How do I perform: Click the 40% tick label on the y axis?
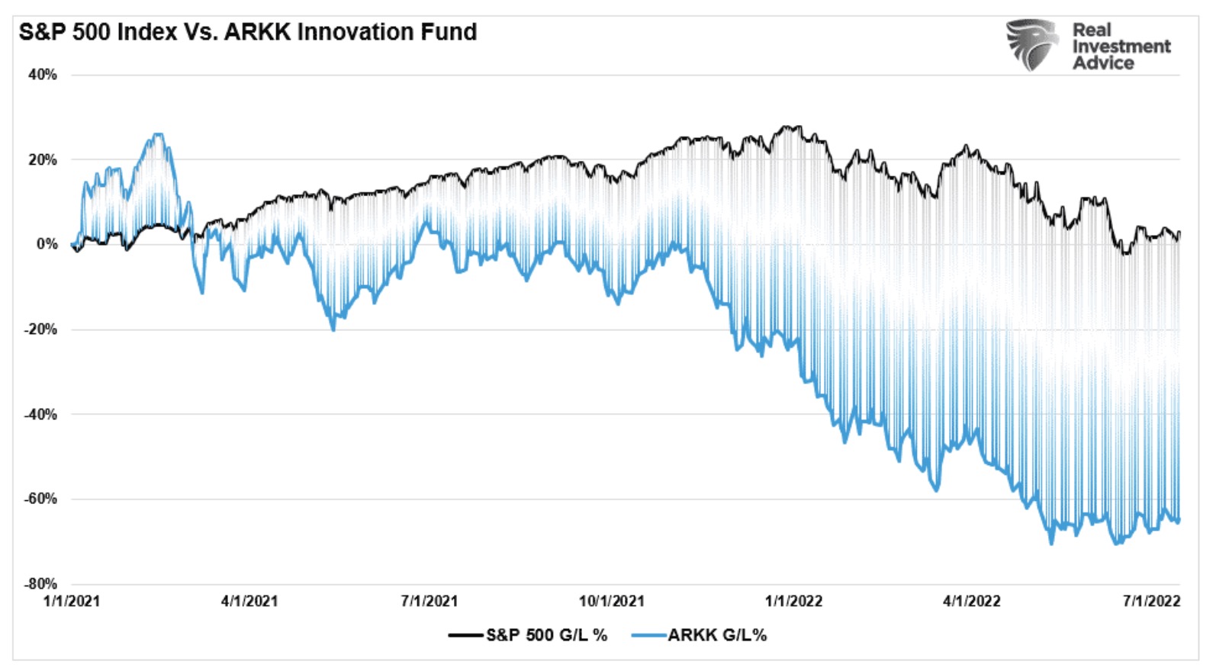[43, 75]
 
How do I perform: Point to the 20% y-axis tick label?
[43, 160]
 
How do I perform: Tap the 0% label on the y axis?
[47, 244]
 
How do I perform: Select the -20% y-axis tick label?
[40, 329]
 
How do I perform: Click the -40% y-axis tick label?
[40, 415]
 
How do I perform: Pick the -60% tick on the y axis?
[40, 499]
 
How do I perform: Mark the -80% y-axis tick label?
[40, 584]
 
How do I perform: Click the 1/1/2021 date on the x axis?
[72, 601]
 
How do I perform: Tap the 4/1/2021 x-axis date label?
[249, 601]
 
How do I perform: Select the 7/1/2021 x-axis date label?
[429, 601]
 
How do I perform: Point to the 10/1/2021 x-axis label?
[611, 601]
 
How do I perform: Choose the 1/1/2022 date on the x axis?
[794, 601]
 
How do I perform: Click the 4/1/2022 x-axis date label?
[972, 601]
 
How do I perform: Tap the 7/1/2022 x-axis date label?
[1151, 601]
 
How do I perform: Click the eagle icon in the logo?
[1033, 45]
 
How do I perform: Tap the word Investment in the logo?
[1121, 47]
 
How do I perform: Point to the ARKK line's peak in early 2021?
[158, 135]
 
